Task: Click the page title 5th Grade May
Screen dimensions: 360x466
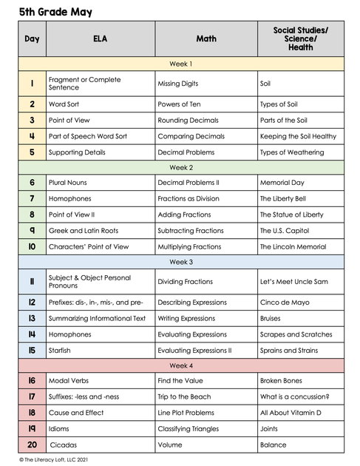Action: (56, 13)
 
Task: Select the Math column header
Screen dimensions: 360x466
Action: (206, 38)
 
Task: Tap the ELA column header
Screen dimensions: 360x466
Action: (100, 38)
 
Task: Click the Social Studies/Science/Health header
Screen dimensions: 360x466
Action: (301, 38)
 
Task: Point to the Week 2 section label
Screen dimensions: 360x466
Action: (181, 167)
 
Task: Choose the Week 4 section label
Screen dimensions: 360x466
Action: (181, 365)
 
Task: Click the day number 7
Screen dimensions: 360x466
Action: (32, 198)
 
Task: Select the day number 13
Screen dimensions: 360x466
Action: (32, 318)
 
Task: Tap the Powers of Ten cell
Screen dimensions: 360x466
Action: (180, 104)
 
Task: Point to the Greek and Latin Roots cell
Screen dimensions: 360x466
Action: (83, 231)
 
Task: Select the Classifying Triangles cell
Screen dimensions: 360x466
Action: (188, 429)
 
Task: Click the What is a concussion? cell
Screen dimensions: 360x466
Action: (294, 396)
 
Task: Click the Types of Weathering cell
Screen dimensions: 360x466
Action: (292, 152)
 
